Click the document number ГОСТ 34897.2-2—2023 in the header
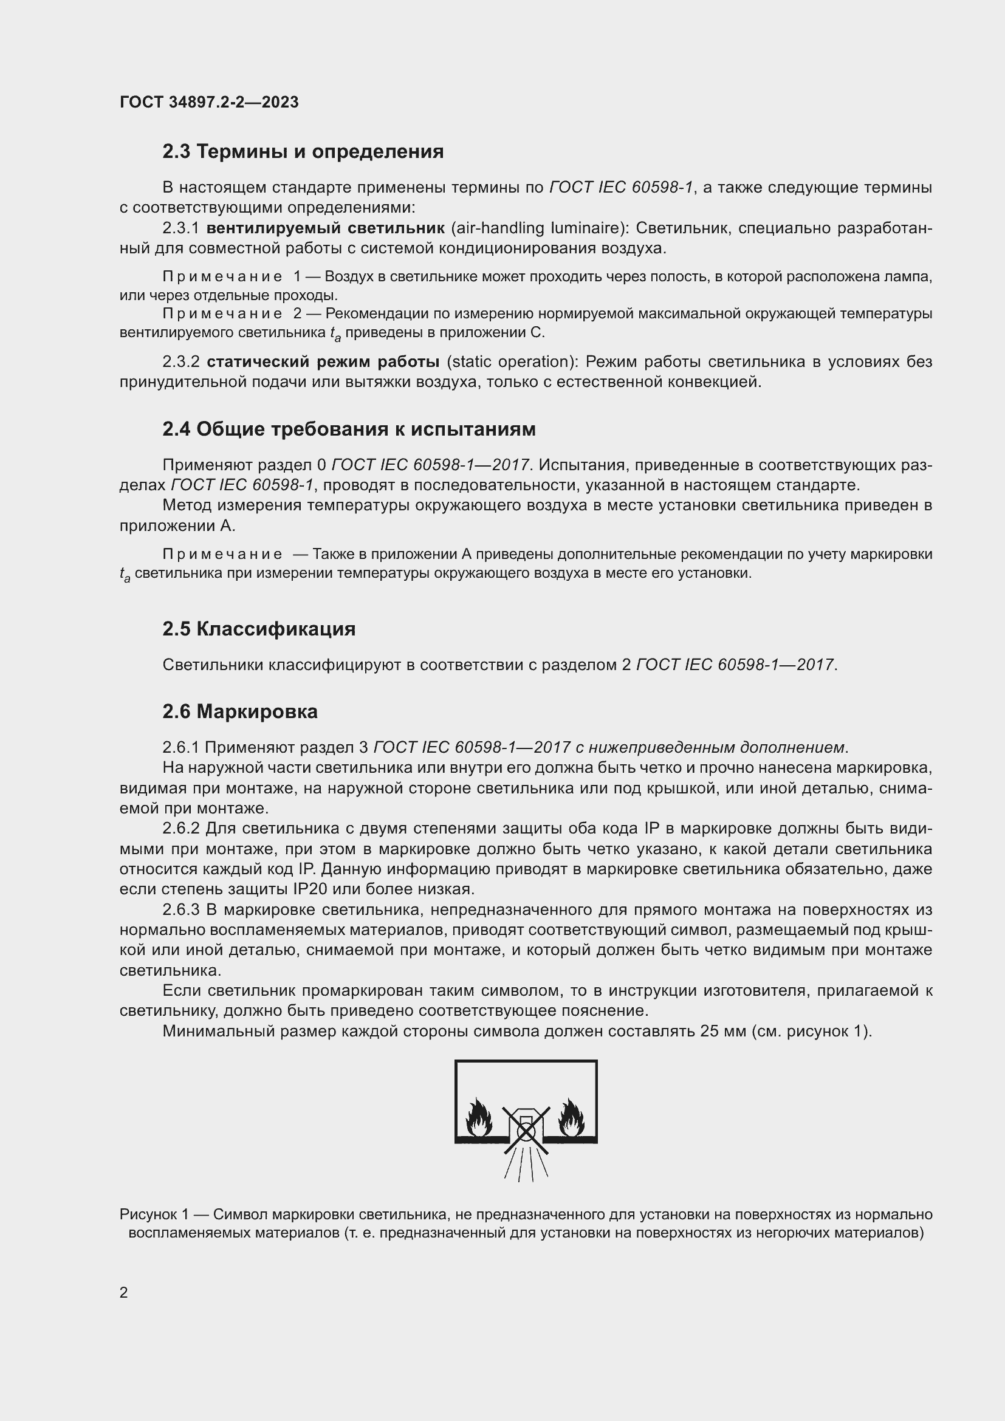(x=209, y=102)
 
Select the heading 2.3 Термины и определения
(x=303, y=152)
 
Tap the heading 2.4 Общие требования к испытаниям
(x=348, y=429)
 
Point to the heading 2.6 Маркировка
(x=239, y=712)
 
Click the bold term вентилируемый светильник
(x=325, y=228)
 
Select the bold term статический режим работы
(x=323, y=361)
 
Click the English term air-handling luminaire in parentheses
(x=538, y=228)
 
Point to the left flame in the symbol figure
(x=479, y=1118)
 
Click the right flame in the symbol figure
(x=571, y=1118)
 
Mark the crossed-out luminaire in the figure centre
(x=526, y=1130)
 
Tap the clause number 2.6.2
(x=180, y=829)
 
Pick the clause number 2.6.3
(x=180, y=910)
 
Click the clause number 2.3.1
(x=180, y=228)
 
